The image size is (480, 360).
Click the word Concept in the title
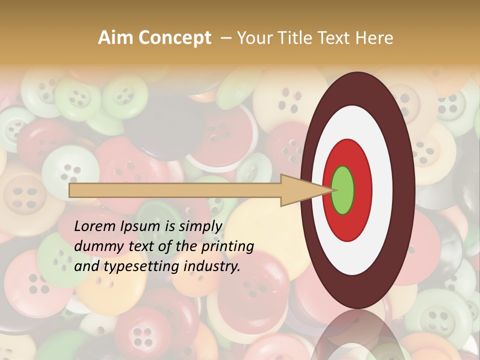174,38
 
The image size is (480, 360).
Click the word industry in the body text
212,266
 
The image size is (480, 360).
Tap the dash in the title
226,38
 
